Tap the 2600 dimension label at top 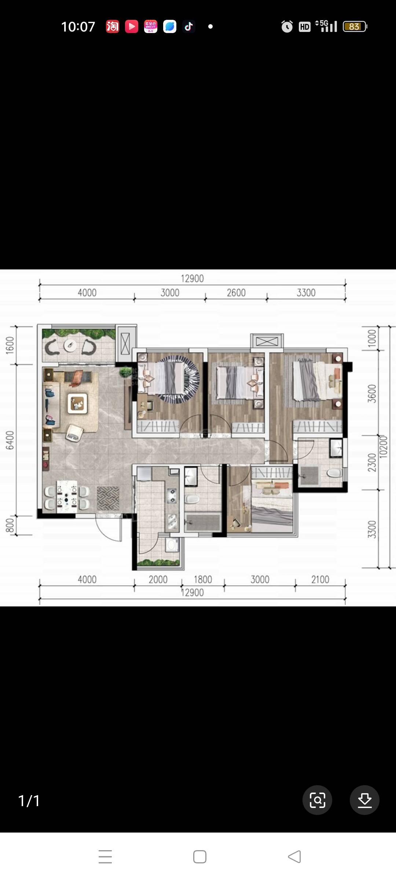click(236, 293)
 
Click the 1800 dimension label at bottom click(203, 579)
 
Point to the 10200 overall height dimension click(383, 446)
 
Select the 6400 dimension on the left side click(10, 440)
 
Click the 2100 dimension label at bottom click(320, 579)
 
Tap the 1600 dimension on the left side click(10, 345)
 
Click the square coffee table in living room click(77, 403)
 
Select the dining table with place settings click(66, 497)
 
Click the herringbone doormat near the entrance click(108, 498)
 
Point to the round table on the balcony click(70, 345)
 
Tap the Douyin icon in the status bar click(189, 26)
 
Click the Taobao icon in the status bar click(113, 26)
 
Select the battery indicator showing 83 click(355, 26)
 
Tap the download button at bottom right click(364, 800)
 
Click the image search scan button click(317, 800)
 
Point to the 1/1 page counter click(29, 801)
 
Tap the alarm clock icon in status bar click(287, 26)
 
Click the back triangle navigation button click(294, 857)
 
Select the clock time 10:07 click(78, 26)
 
